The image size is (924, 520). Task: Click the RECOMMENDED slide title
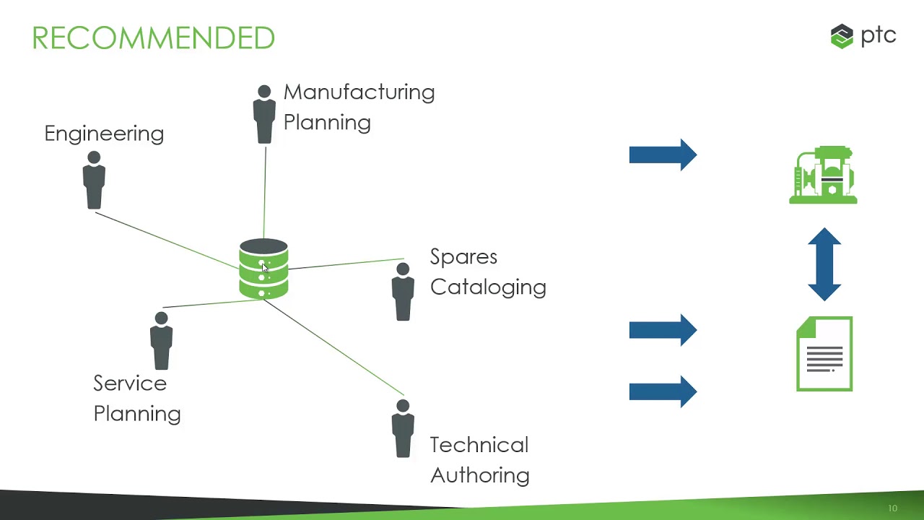(x=153, y=38)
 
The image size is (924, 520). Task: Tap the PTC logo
(x=863, y=35)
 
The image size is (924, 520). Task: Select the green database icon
(x=263, y=269)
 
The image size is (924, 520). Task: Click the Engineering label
(x=104, y=134)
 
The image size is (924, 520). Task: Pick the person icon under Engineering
(x=94, y=181)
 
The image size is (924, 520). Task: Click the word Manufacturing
(x=359, y=92)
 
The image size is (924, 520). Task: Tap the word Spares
(x=463, y=257)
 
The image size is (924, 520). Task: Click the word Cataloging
(x=488, y=287)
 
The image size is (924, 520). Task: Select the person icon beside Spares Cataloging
(x=403, y=292)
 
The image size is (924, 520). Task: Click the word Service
(x=130, y=383)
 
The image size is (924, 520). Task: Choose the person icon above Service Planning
(x=161, y=341)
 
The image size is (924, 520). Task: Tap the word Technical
(x=479, y=445)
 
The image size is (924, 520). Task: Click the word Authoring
(x=480, y=475)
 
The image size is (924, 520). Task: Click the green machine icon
(x=823, y=175)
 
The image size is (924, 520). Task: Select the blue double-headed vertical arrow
(x=824, y=264)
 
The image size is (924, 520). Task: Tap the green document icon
(x=824, y=354)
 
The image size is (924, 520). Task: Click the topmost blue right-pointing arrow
(x=662, y=155)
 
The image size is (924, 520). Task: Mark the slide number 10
(x=892, y=508)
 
